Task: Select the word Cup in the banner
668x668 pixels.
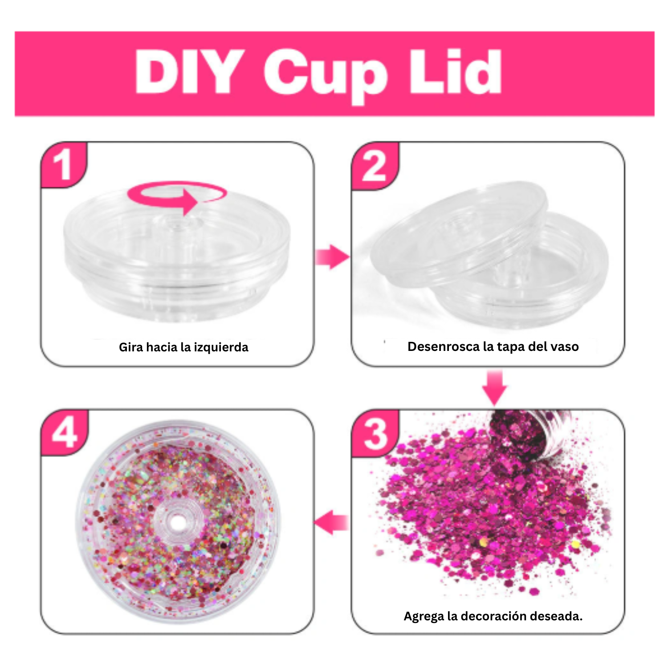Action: point(326,76)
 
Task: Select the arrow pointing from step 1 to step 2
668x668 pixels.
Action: point(332,257)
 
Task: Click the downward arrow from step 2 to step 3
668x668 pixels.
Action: point(495,387)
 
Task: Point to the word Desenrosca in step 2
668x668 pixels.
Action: point(444,346)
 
